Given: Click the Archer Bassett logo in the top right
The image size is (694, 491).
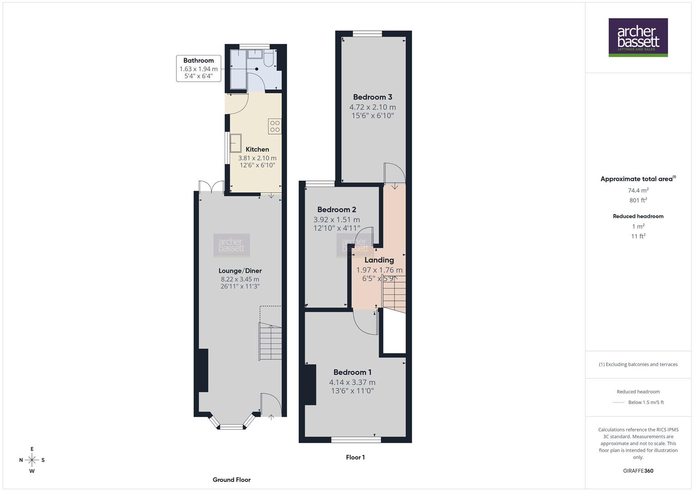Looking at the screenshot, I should (638, 37).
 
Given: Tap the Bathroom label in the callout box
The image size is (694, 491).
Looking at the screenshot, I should (199, 60).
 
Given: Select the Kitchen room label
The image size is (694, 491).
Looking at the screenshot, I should (257, 149).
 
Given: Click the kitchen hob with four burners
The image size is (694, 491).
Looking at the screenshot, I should (275, 126).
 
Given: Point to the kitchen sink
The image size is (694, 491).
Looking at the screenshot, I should (236, 143).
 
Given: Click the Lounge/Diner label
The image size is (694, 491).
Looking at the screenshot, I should (240, 271).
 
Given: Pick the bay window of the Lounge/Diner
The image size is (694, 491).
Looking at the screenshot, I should (232, 426).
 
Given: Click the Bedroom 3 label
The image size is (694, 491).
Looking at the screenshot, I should (373, 97).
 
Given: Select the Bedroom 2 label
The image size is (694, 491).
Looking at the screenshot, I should (337, 210).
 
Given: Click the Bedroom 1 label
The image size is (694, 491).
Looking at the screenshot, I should (352, 372).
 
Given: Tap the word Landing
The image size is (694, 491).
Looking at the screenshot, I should (379, 260).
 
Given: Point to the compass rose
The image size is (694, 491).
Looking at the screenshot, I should (32, 460).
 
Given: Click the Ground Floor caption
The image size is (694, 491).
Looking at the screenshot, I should (231, 480).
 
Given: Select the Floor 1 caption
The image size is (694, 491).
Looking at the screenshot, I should (355, 457).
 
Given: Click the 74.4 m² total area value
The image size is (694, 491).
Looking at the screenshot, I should (638, 190).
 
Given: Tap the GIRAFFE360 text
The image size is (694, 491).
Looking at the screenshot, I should (638, 471).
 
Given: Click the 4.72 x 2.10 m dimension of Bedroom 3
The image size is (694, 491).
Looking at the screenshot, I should (373, 107).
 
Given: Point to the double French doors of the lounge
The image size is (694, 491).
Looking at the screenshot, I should (211, 186).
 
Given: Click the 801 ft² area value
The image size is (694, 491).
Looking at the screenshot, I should (638, 200).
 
